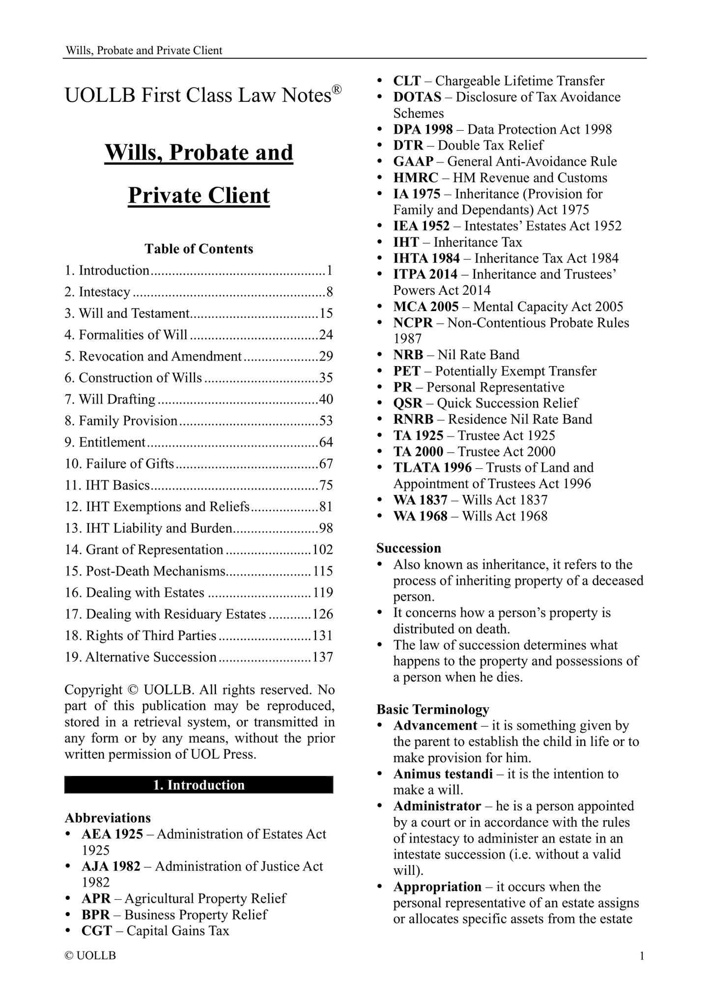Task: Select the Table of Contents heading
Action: (199, 249)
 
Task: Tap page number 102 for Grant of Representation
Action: (323, 549)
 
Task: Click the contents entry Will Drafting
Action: (117, 399)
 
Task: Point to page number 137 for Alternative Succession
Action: (323, 657)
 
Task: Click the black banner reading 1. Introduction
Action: (199, 785)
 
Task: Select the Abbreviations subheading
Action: (108, 818)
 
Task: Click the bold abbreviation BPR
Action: (96, 915)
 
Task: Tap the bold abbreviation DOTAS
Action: (417, 97)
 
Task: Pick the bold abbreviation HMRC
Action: (415, 177)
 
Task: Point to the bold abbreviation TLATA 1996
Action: (432, 467)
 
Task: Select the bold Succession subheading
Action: (409, 548)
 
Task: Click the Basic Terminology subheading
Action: (433, 709)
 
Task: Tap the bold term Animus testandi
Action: (443, 774)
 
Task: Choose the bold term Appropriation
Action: (437, 887)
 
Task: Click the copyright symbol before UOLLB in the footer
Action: (69, 956)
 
